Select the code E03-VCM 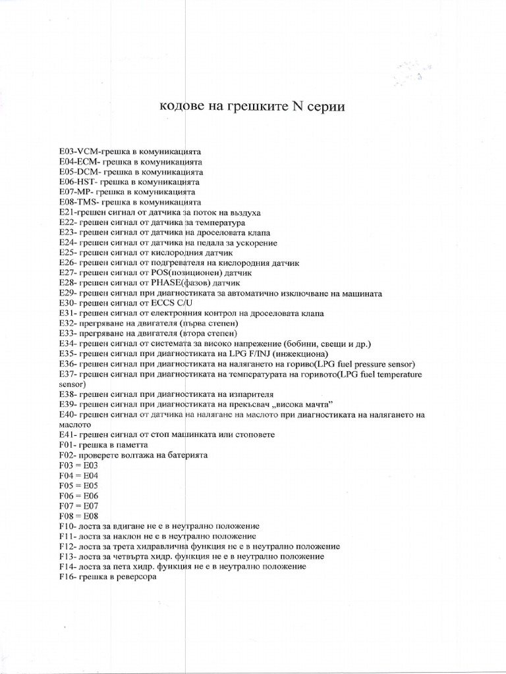click(x=78, y=151)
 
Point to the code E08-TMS click(x=78, y=202)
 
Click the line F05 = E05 click(x=78, y=486)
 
